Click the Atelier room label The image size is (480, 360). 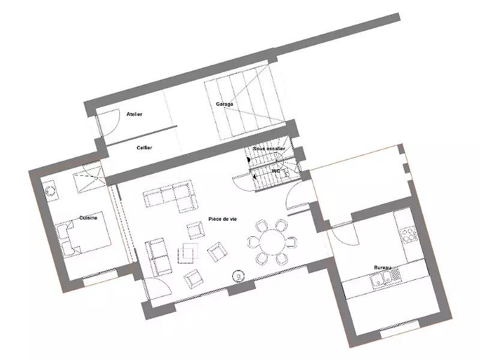(134, 114)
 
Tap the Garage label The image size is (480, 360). (224, 104)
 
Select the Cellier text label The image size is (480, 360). (144, 148)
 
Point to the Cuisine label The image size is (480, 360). (88, 218)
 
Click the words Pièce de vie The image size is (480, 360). (223, 219)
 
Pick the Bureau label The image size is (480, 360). (382, 268)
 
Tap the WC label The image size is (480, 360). (276, 171)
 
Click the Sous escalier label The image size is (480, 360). (269, 148)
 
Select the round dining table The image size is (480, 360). (272, 242)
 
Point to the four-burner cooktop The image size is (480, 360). (409, 235)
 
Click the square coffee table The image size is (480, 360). (188, 253)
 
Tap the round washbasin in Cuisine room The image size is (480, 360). (50, 191)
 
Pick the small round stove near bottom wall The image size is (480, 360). (238, 277)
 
